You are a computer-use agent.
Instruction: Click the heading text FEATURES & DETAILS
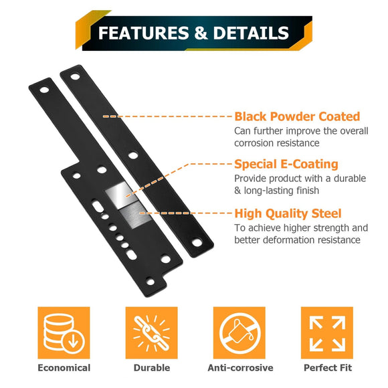[x=193, y=33]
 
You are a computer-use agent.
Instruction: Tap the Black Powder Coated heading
[x=297, y=116]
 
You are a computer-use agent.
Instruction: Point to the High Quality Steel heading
[x=288, y=214]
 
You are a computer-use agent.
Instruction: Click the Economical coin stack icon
[x=64, y=332]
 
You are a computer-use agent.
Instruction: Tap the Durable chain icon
[x=151, y=332]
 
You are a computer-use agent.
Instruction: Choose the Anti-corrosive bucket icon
[x=239, y=332]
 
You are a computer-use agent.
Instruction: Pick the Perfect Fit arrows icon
[x=326, y=332]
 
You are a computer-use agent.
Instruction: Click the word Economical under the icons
[x=64, y=368]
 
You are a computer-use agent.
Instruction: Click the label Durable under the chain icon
[x=151, y=368]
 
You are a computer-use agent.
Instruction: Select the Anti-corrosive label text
[x=239, y=368]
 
